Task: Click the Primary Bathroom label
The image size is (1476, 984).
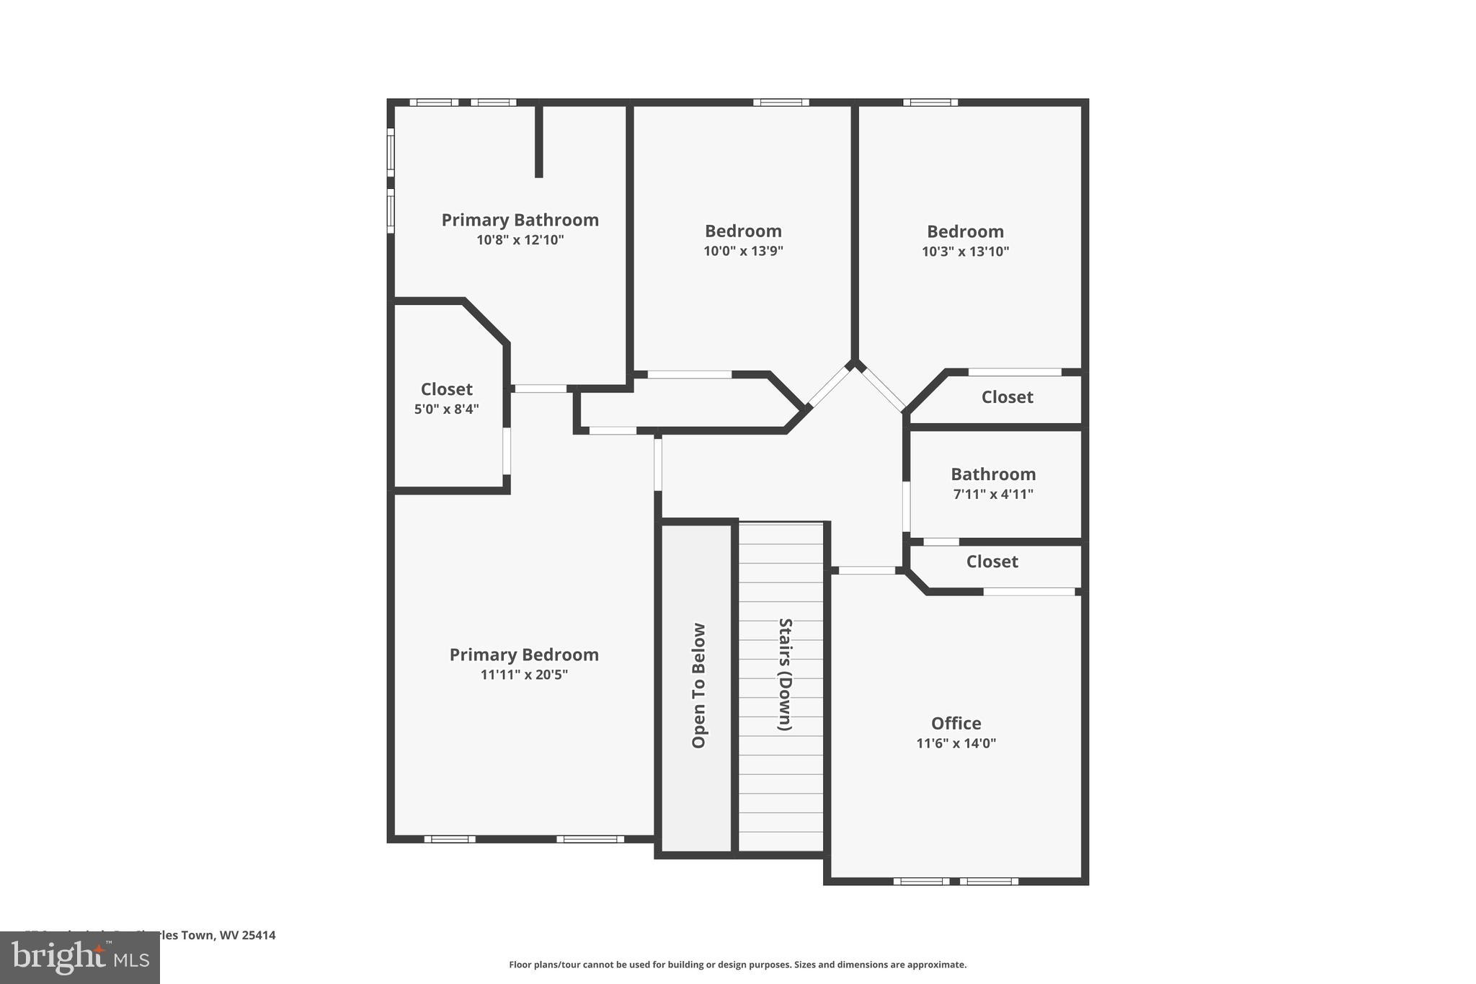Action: [x=520, y=220]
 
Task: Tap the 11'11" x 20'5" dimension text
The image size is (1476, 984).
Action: [x=524, y=675]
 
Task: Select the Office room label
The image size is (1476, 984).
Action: [x=956, y=723]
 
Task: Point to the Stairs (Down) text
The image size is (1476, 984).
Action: [x=785, y=674]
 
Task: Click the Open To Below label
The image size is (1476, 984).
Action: [x=698, y=686]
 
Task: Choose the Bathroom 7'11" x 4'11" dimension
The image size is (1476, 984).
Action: [x=992, y=495]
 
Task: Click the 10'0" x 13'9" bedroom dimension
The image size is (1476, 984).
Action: [x=743, y=251]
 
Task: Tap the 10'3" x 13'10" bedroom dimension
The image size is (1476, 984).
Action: [x=965, y=252]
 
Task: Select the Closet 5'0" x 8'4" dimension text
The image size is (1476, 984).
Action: [x=446, y=409]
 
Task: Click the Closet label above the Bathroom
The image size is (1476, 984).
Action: [x=1007, y=397]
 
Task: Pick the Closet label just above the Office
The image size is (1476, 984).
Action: [x=992, y=562]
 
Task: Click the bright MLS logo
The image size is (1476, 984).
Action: [x=80, y=957]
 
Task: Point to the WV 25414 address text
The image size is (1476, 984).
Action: [x=247, y=936]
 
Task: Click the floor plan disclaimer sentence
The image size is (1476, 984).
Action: [x=737, y=965]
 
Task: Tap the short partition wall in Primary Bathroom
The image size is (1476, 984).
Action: [x=538, y=141]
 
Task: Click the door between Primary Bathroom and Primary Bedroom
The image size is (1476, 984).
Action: [x=541, y=389]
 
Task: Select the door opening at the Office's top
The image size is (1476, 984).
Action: [x=867, y=570]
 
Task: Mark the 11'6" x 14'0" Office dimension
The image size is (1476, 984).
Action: [x=956, y=743]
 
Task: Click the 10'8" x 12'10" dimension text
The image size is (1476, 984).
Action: [x=520, y=240]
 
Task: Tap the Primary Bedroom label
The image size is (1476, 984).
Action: [x=524, y=655]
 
